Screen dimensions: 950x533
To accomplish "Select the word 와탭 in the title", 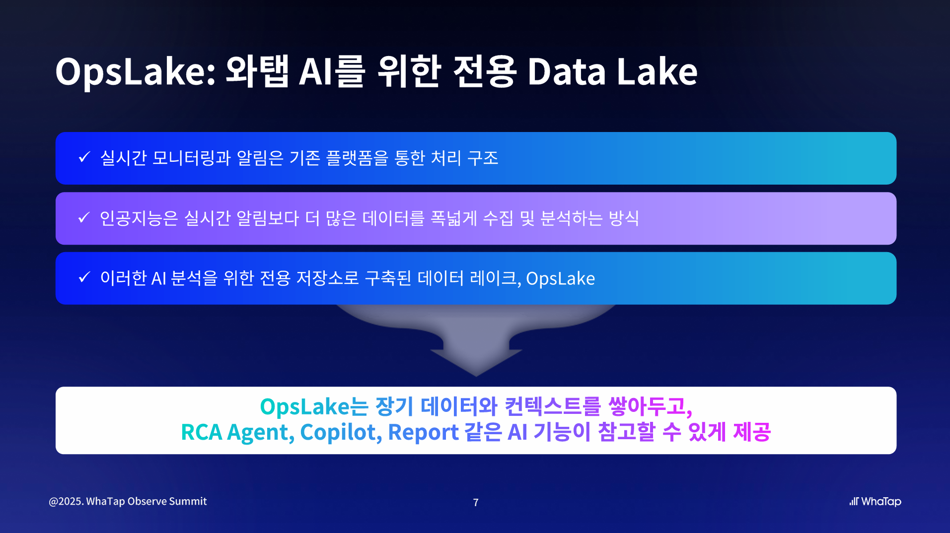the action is (257, 71).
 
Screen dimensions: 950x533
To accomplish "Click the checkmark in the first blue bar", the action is (84, 157).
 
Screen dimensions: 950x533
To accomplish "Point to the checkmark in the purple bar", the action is (84, 217).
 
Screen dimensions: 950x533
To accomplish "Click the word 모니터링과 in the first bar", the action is (192, 158).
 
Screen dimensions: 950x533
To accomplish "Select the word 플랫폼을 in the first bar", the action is (357, 158).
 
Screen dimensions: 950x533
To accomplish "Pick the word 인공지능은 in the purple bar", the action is (139, 218).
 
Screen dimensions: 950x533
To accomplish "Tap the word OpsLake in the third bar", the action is (561, 278).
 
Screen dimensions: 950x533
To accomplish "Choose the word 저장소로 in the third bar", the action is (328, 278).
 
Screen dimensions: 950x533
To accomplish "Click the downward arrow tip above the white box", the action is (476, 376).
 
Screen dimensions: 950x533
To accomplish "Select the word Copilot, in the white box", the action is (341, 432).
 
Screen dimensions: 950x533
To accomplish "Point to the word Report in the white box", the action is (423, 432).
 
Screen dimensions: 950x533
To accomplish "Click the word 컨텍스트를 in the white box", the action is (553, 406).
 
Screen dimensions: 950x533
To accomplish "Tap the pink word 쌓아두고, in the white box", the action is (650, 406).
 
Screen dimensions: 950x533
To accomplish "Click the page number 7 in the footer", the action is (476, 502).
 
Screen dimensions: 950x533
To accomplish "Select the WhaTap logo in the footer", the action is (875, 502).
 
